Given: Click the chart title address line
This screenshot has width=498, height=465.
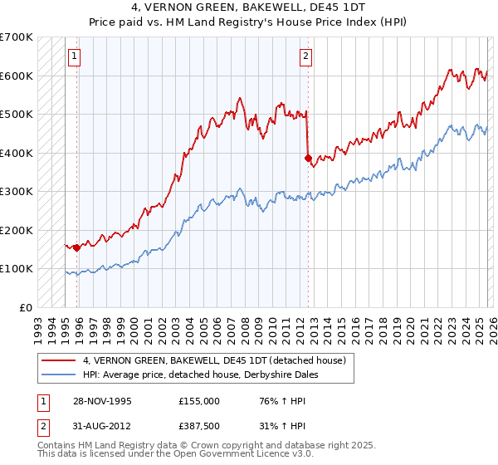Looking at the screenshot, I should [x=248, y=7].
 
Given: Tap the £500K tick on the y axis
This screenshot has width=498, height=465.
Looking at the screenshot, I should [x=16, y=114].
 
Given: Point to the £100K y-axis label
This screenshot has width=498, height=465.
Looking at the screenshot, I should [x=16, y=268].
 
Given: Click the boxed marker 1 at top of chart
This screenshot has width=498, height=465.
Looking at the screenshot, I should [x=75, y=56].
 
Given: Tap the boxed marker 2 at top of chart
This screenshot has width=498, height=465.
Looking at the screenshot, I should [x=305, y=56].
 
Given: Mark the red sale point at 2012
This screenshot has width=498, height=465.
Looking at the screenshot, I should [x=308, y=158].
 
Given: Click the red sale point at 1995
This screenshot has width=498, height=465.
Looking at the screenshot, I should [x=76, y=247].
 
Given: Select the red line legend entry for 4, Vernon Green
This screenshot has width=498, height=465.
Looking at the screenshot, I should [x=219, y=360].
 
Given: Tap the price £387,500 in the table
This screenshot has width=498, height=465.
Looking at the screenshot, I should [x=198, y=428].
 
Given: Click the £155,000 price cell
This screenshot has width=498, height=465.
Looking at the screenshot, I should [x=198, y=400].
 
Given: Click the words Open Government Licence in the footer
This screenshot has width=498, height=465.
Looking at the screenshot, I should [x=228, y=455].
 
